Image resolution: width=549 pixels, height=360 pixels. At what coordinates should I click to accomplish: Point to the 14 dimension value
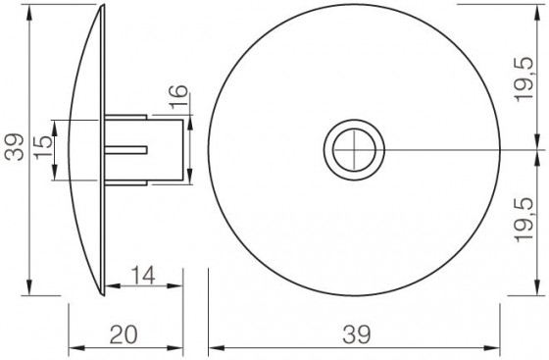tap(142, 276)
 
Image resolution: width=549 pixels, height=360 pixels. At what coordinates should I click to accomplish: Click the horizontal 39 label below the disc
tap(357, 334)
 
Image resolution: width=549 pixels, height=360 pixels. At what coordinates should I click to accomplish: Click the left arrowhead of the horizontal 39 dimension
tap(216, 347)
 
